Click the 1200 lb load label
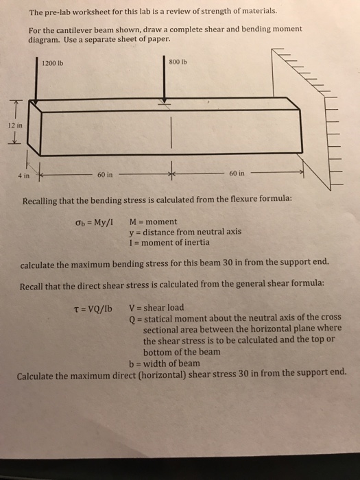(53, 64)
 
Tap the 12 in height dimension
(15, 125)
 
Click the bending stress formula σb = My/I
(96, 222)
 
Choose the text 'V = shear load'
(156, 307)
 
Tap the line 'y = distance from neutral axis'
(185, 232)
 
